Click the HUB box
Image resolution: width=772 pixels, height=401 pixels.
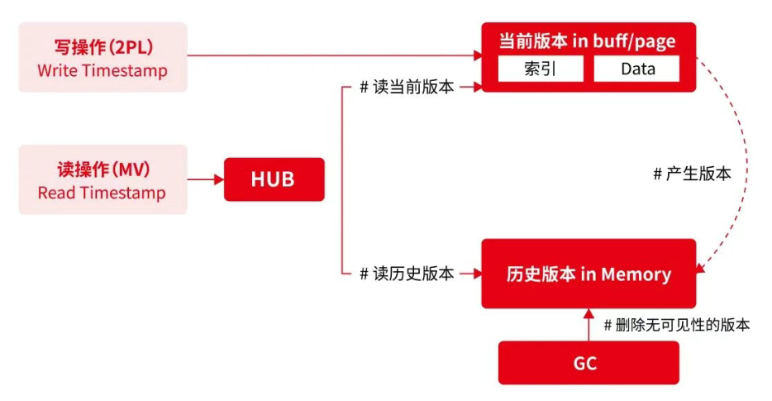pyautogui.click(x=274, y=179)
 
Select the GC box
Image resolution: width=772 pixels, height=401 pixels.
pyautogui.click(x=588, y=363)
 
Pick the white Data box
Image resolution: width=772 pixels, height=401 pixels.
pyautogui.click(x=637, y=69)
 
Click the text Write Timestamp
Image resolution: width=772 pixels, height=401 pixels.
pyautogui.click(x=102, y=71)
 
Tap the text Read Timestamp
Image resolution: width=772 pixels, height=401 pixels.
pyautogui.click(x=102, y=193)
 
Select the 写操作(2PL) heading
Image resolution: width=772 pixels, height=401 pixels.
pyautogui.click(x=102, y=45)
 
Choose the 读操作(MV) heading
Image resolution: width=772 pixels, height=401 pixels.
pyautogui.click(x=102, y=169)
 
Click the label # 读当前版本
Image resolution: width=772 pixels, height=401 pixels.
pyautogui.click(x=407, y=87)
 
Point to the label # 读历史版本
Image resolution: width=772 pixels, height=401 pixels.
pyautogui.click(x=407, y=274)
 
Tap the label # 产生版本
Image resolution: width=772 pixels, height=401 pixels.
pyautogui.click(x=692, y=174)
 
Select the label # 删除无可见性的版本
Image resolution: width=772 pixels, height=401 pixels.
pyautogui.click(x=677, y=325)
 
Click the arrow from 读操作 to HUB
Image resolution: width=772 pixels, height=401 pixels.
pyautogui.click(x=205, y=179)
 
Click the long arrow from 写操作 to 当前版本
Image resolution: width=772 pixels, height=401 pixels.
pyautogui.click(x=331, y=56)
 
